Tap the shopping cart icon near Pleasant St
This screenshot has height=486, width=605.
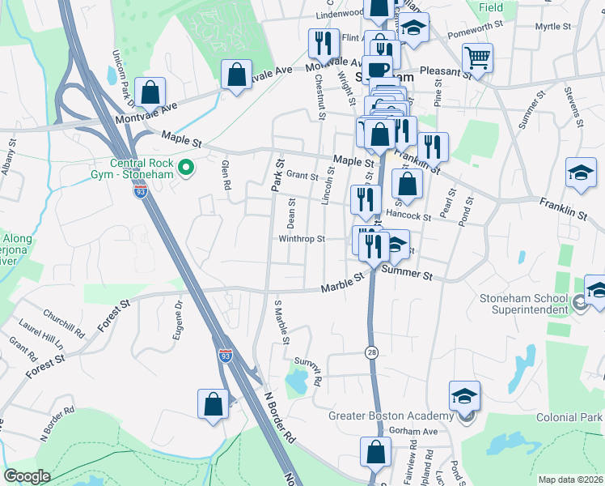tap(477, 58)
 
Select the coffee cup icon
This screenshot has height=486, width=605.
tap(377, 70)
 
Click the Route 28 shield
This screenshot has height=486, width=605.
tap(370, 354)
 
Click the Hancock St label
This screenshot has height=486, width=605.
tap(408, 216)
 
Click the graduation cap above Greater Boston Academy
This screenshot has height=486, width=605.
tap(465, 395)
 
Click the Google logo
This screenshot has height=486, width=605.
tap(27, 476)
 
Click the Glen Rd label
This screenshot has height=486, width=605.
tap(226, 174)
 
